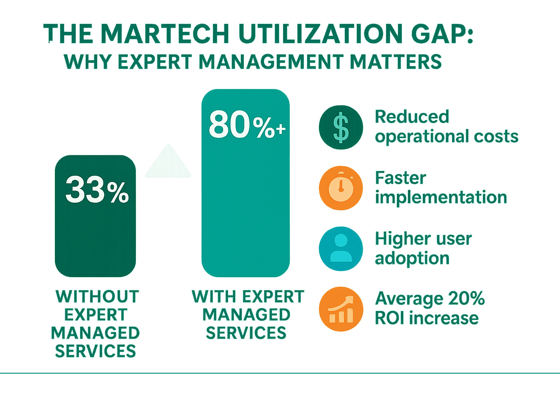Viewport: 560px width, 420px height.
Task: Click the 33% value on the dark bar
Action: click(x=97, y=190)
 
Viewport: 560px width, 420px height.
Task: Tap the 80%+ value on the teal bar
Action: click(x=247, y=125)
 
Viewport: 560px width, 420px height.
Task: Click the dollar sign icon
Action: click(x=341, y=127)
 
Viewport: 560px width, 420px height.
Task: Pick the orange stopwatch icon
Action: click(x=341, y=188)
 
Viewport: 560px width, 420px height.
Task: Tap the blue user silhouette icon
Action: click(x=341, y=249)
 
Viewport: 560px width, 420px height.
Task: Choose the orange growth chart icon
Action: click(x=341, y=309)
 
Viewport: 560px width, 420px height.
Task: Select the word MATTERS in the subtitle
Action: click(x=396, y=62)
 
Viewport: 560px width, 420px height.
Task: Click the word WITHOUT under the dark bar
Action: click(x=97, y=297)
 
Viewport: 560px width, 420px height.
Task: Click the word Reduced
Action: click(x=412, y=117)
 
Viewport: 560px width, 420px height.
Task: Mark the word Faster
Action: click(x=400, y=178)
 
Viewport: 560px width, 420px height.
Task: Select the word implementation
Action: click(x=441, y=197)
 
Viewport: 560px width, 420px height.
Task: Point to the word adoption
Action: click(x=412, y=258)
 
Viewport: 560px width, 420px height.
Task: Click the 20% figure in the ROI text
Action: click(x=466, y=298)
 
